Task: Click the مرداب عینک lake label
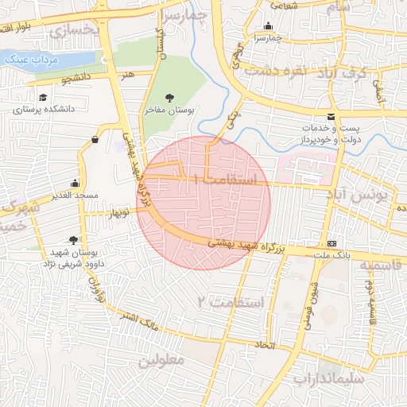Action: point(28,60)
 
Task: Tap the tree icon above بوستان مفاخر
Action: point(169,98)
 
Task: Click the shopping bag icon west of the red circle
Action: point(95,140)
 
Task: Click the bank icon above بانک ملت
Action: point(331,243)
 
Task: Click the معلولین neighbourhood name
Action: point(161,359)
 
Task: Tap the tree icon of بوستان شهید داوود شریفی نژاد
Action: point(74,240)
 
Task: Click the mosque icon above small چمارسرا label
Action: point(267,25)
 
